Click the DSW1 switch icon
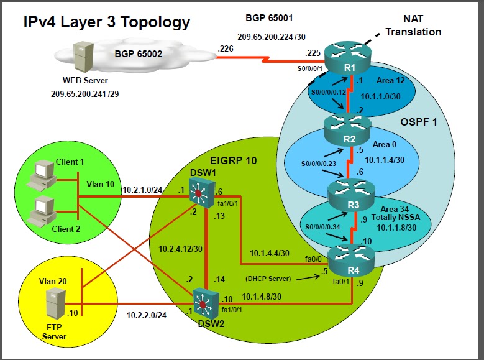[199, 193]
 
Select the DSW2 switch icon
[204, 303]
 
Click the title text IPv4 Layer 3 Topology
[106, 22]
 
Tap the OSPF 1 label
[419, 122]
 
